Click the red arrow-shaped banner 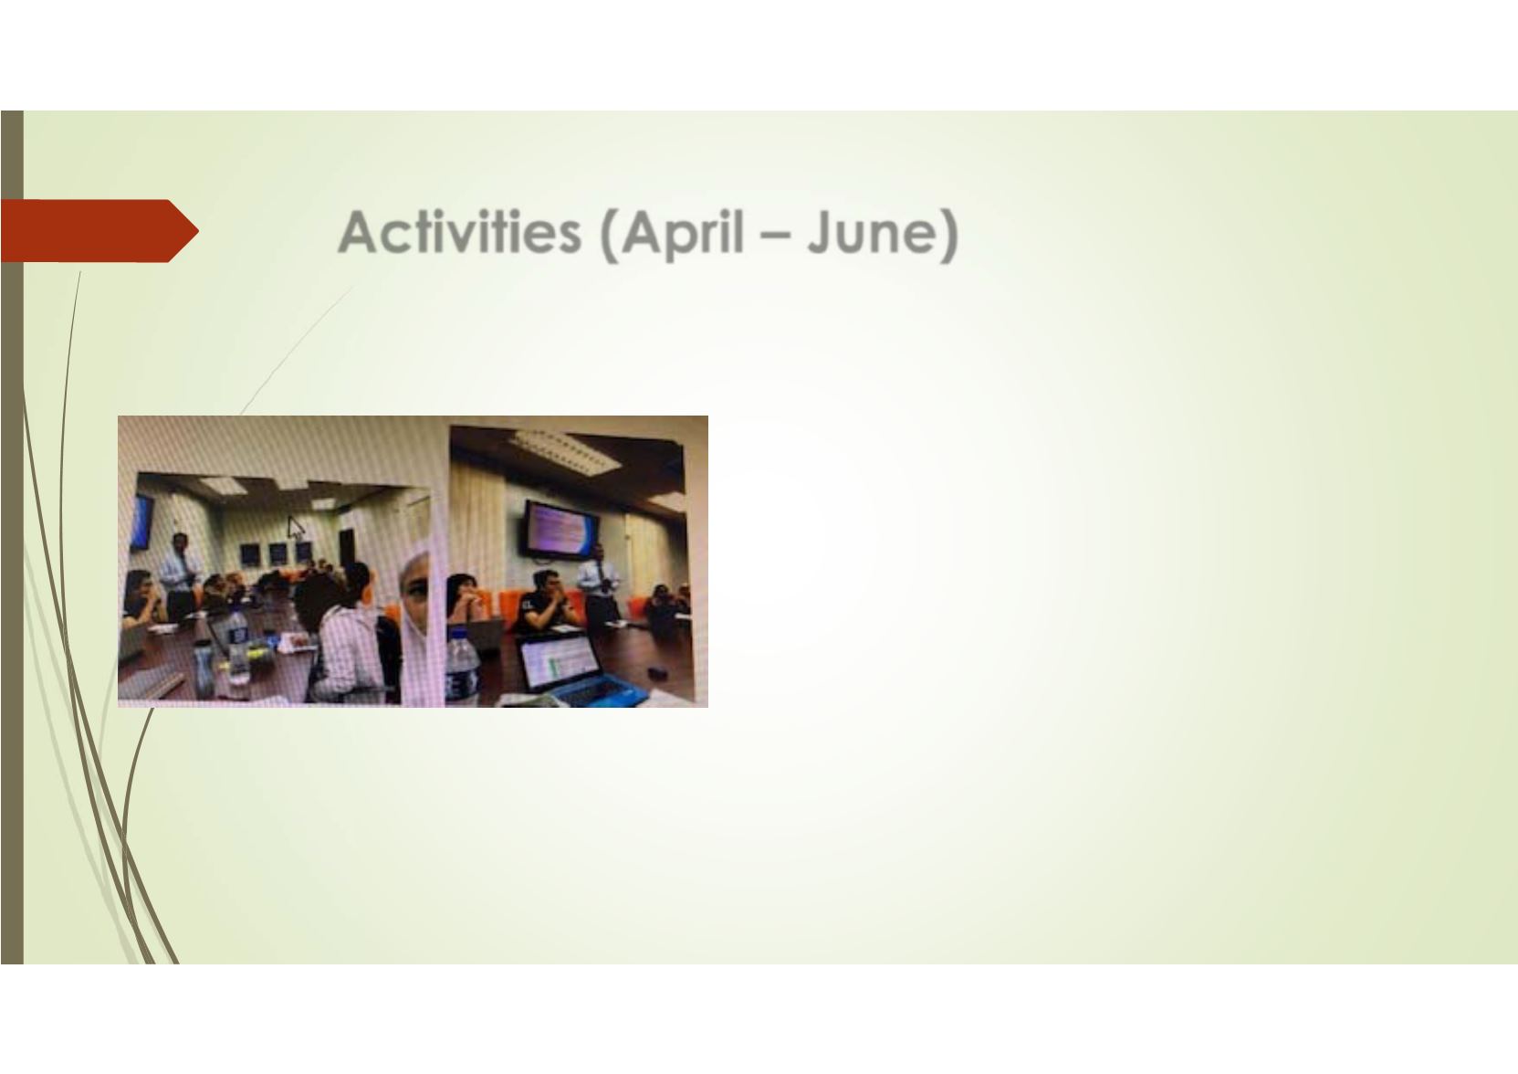click(x=99, y=230)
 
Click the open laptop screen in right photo click(x=557, y=662)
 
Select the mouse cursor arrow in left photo click(x=296, y=527)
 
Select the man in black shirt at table click(x=548, y=601)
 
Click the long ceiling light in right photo click(x=565, y=451)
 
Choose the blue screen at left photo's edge click(x=142, y=521)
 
